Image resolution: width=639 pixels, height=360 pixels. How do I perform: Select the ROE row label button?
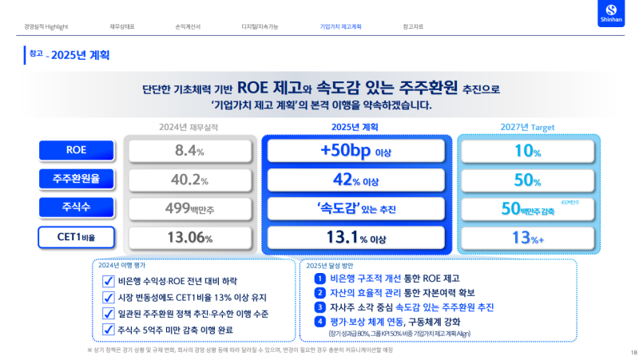pyautogui.click(x=77, y=150)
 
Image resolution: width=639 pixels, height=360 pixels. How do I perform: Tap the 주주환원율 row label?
pyautogui.click(x=77, y=180)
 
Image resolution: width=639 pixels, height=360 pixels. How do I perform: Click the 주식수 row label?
pyautogui.click(x=77, y=208)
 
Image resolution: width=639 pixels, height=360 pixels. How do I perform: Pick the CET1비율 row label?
pyautogui.click(x=77, y=237)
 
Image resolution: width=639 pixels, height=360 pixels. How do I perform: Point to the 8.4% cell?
pyautogui.click(x=191, y=150)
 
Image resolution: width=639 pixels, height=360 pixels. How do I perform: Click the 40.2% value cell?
pyautogui.click(x=191, y=180)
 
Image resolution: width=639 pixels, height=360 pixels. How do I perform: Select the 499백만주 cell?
pyautogui.click(x=191, y=208)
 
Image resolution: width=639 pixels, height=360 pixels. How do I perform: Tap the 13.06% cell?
pyautogui.click(x=191, y=237)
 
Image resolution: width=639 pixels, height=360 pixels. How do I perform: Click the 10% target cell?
pyautogui.click(x=527, y=150)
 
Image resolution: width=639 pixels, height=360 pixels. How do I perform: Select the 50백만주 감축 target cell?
pyautogui.click(x=527, y=208)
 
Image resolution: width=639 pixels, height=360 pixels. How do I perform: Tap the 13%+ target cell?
pyautogui.click(x=527, y=237)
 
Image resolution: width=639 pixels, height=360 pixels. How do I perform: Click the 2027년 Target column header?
pyautogui.click(x=527, y=127)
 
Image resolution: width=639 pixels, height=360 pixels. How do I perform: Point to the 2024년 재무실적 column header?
pyautogui.click(x=191, y=127)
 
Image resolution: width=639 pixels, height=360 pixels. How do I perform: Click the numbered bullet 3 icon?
pyautogui.click(x=319, y=307)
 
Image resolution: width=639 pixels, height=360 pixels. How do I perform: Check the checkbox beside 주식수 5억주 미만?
pyautogui.click(x=108, y=329)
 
